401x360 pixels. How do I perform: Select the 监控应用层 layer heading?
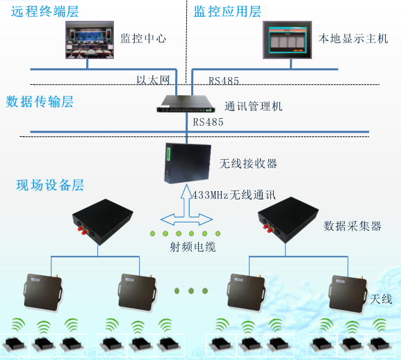point(227,12)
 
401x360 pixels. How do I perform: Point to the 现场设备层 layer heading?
point(50,186)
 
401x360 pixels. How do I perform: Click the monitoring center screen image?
point(88,39)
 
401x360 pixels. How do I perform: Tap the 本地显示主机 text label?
point(352,38)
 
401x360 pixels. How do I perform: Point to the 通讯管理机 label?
point(253,107)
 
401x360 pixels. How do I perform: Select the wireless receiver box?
point(187,162)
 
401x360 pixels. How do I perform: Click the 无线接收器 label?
point(248,163)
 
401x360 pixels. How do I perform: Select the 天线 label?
point(381,300)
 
